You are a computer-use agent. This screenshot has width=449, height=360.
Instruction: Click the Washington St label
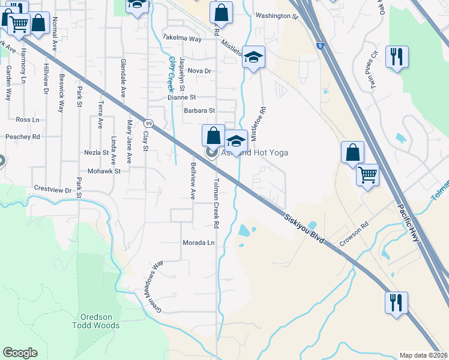[276, 17]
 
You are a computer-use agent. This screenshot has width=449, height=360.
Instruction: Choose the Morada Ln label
[199, 243]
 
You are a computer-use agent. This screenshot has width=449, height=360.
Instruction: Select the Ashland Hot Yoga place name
[255, 153]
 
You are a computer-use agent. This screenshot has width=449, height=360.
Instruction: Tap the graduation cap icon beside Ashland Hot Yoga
[236, 142]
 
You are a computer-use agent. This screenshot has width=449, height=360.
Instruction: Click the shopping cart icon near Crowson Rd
[367, 176]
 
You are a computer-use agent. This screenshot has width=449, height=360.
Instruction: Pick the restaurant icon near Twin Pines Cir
[397, 57]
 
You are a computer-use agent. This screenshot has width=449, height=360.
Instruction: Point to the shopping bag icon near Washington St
[221, 13]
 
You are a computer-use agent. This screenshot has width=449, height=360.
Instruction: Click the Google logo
[20, 353]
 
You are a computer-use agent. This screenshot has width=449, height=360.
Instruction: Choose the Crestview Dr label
[52, 189]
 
